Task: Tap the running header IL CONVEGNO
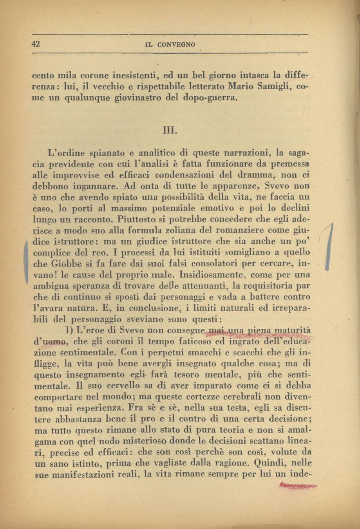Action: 170,45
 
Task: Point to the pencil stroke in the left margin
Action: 25,260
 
